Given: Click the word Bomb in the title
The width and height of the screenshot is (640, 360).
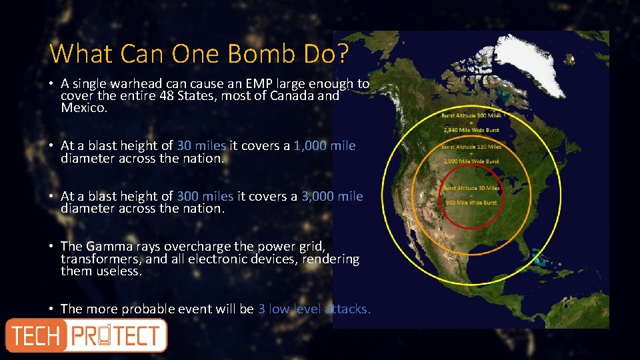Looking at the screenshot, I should point(243,53).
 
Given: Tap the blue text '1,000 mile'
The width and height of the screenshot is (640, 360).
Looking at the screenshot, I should point(324,145).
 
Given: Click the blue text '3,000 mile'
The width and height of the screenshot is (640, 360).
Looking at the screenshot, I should point(331,196).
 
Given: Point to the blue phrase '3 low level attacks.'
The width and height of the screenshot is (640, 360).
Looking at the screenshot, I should point(313,309).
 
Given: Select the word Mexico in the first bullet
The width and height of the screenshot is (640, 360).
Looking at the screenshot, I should point(83,107).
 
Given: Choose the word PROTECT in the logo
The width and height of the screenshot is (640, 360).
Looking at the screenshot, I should point(117,335).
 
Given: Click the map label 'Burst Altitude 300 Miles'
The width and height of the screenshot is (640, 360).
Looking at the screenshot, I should point(470,115).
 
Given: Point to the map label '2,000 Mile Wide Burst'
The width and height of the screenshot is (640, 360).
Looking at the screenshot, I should point(470,161).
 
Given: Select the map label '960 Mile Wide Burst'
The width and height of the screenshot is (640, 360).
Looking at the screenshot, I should point(471,202).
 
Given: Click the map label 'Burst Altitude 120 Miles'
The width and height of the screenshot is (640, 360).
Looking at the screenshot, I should point(470,147).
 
